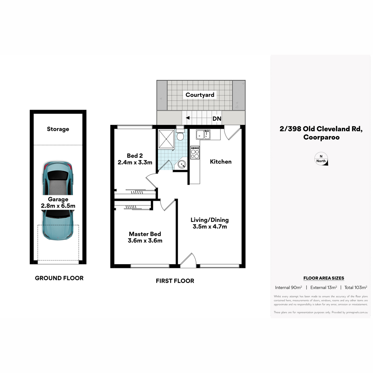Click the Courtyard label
click(x=200, y=95)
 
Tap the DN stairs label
click(x=217, y=119)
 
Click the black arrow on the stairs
click(x=187, y=118)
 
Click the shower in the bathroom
click(x=166, y=139)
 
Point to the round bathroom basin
click(x=182, y=164)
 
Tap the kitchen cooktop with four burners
click(x=195, y=153)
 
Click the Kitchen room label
click(x=221, y=162)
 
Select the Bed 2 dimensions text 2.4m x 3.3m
click(x=135, y=162)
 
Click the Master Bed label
click(x=145, y=234)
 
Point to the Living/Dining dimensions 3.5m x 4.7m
click(x=210, y=227)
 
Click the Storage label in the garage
click(x=58, y=129)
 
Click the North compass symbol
click(x=321, y=159)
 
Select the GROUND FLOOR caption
click(x=59, y=278)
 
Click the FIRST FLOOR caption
click(x=175, y=281)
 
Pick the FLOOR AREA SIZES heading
click(x=324, y=278)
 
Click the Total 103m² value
click(x=356, y=288)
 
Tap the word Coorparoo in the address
click(x=321, y=137)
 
